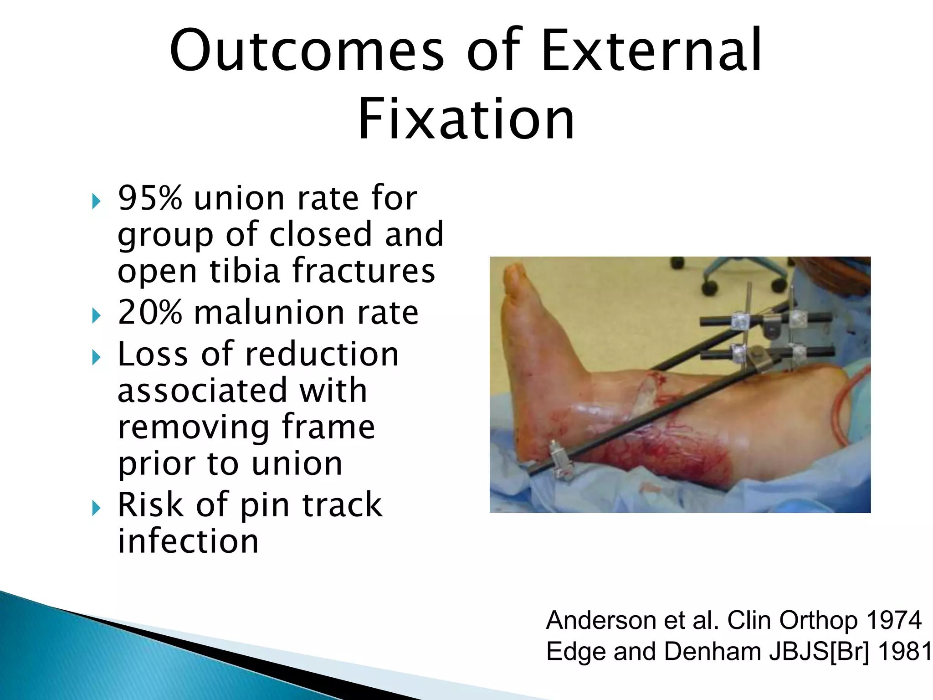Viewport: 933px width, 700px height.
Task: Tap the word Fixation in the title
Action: [466, 119]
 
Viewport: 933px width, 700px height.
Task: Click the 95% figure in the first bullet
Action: [150, 198]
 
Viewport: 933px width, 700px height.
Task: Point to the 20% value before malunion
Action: [150, 313]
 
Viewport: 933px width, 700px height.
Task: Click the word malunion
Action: [269, 313]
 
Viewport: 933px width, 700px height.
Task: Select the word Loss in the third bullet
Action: [153, 354]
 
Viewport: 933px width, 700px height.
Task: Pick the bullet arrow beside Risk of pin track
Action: [96, 508]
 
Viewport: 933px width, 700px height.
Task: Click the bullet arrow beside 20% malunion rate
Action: [96, 315]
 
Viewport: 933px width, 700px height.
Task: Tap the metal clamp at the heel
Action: [560, 460]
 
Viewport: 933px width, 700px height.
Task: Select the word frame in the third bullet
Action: [328, 427]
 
